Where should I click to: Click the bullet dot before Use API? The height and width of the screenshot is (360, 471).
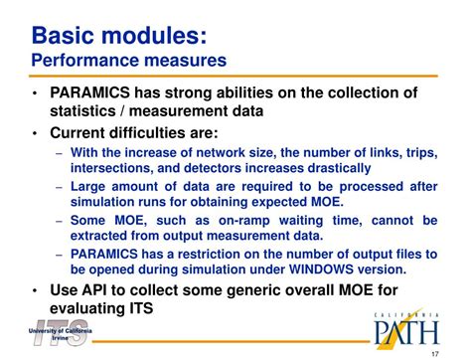pos(35,290)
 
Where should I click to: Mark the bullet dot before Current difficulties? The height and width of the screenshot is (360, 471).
pos(35,132)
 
